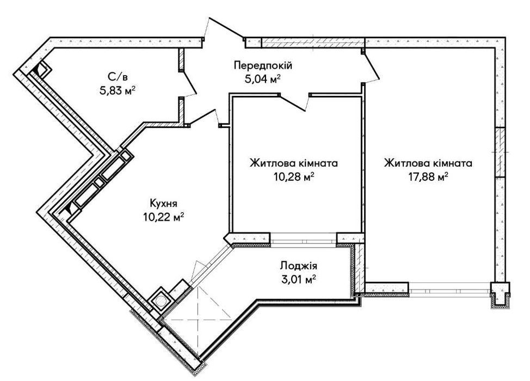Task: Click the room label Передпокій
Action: click(x=263, y=65)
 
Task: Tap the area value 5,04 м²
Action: click(x=263, y=79)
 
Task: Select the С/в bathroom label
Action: click(x=118, y=77)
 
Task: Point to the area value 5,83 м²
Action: click(x=118, y=91)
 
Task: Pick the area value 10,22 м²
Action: click(x=164, y=217)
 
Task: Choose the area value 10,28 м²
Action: click(x=294, y=177)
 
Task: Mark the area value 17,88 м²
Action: click(x=428, y=177)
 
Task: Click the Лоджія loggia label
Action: click(x=298, y=266)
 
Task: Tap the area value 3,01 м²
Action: click(x=298, y=279)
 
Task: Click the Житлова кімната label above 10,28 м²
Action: click(x=294, y=163)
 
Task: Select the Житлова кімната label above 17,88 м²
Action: click(x=428, y=163)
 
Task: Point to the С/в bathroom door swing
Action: click(x=188, y=83)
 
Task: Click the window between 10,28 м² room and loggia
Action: click(x=303, y=238)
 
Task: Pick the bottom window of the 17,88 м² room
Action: click(x=449, y=289)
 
